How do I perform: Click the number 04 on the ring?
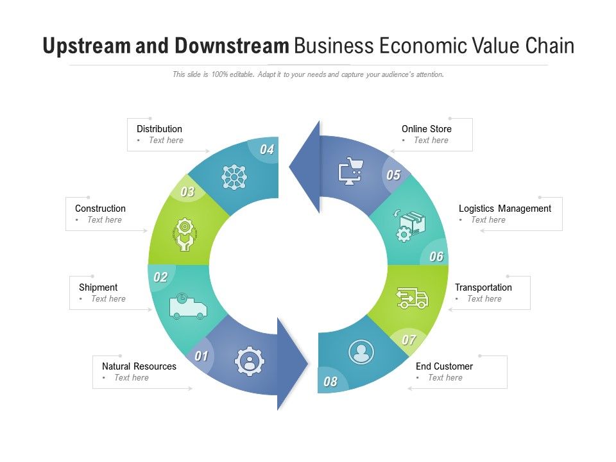click(267, 150)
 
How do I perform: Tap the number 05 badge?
click(393, 175)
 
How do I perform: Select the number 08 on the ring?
click(330, 381)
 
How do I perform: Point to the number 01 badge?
click(201, 356)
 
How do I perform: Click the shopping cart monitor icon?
click(350, 171)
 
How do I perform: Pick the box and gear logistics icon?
click(409, 226)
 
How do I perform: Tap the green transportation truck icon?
click(412, 298)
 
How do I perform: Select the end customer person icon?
click(361, 352)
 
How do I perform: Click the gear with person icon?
click(250, 361)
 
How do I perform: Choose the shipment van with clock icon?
click(188, 305)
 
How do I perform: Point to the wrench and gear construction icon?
click(185, 235)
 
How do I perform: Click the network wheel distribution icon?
click(234, 177)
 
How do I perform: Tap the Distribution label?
click(159, 129)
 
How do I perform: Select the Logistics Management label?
click(505, 209)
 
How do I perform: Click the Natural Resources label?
click(139, 366)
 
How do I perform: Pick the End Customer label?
click(444, 366)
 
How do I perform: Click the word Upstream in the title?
click(87, 46)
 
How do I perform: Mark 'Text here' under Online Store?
click(431, 141)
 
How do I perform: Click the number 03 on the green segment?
click(187, 192)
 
